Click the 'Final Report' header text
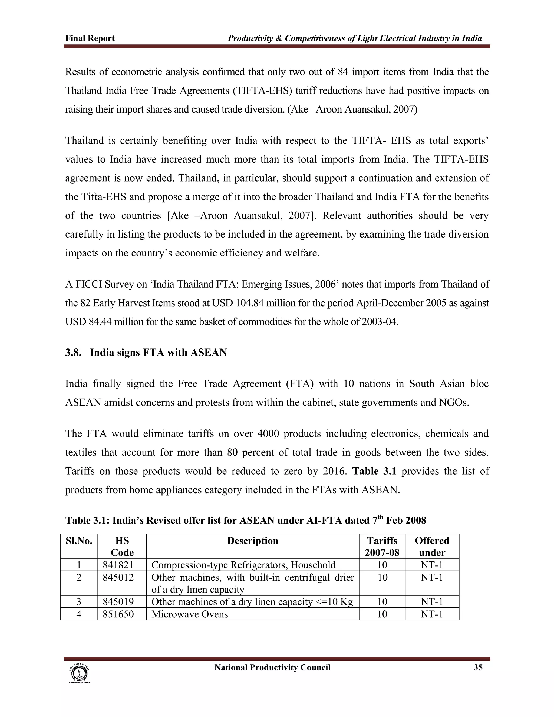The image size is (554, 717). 90,38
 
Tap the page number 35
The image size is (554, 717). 478,668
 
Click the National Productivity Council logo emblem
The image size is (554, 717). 79,673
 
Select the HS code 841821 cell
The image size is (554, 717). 118,565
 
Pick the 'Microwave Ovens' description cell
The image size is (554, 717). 190,614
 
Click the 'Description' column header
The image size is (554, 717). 252,541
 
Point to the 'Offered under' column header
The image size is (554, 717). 432,547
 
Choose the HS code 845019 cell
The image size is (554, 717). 118,602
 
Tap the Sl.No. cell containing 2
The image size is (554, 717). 79,577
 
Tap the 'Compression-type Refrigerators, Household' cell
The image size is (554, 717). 243,565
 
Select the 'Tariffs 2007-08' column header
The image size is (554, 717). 382,547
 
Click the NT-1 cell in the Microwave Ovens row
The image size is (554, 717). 432,614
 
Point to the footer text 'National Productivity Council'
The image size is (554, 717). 272,668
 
